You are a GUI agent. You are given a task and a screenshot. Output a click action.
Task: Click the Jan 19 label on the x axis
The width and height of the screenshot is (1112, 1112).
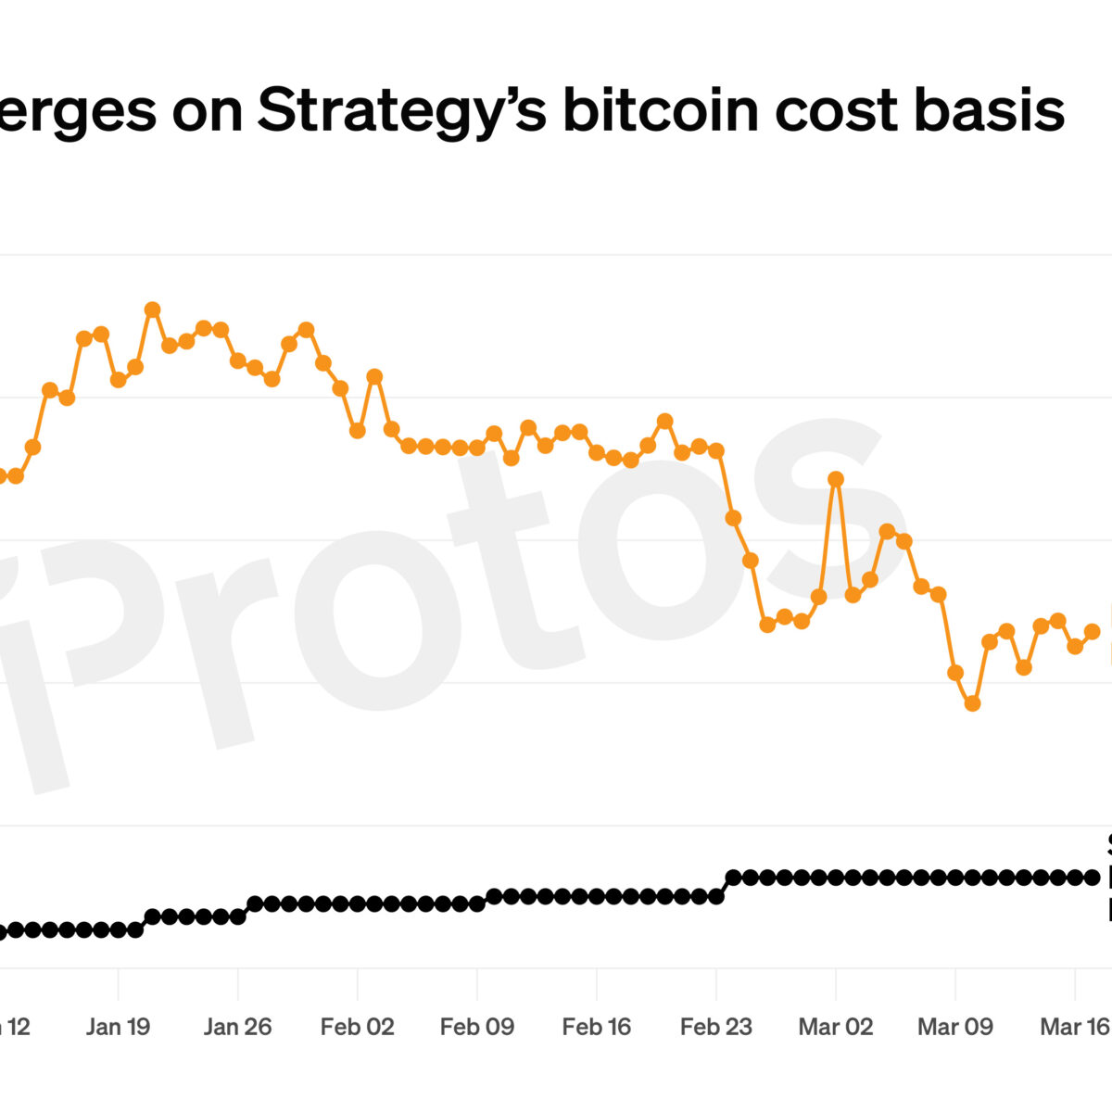click(x=118, y=1027)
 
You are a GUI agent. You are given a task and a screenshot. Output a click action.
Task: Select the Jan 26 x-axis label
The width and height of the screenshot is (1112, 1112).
click(x=237, y=1027)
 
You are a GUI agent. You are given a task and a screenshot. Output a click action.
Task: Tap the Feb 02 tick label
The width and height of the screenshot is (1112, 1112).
click(x=357, y=1027)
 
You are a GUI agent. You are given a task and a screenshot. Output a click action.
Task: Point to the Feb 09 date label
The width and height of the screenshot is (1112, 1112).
click(x=476, y=1027)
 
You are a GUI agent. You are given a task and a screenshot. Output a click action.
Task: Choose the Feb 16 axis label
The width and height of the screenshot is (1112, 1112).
click(x=596, y=1027)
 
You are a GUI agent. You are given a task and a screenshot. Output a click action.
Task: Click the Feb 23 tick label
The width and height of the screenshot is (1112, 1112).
click(x=715, y=1027)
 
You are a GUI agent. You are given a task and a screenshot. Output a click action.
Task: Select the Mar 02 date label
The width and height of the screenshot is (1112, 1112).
click(x=835, y=1027)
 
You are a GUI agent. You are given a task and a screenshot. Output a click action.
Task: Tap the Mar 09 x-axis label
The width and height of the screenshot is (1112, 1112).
click(x=954, y=1027)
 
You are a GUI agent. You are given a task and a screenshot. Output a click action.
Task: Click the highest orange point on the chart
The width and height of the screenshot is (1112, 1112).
click(x=152, y=310)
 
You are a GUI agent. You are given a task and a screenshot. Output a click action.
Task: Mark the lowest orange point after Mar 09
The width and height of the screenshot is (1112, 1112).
click(x=972, y=703)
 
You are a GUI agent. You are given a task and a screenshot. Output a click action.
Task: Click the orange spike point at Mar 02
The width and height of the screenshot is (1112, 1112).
click(x=836, y=479)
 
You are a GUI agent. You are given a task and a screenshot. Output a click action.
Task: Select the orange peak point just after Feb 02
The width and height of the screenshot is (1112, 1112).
click(x=374, y=376)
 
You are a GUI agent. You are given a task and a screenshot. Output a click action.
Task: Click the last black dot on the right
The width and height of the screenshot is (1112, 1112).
click(x=1092, y=877)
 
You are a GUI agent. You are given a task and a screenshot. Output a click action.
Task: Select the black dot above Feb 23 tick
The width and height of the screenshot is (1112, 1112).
click(x=715, y=896)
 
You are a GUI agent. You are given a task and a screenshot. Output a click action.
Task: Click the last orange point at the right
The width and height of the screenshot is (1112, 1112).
click(x=1092, y=631)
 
